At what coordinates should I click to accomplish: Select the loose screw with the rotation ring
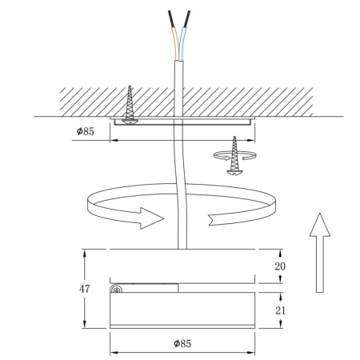pos(234,157)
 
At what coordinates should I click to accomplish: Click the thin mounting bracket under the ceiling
pos(183,122)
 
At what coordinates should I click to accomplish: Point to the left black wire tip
pos(171,18)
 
